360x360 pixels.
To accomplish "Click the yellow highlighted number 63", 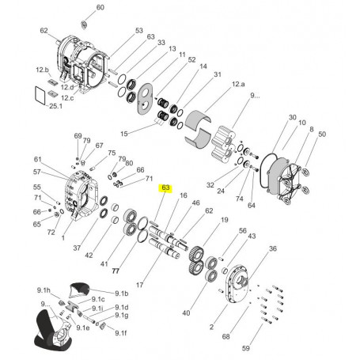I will [165, 188].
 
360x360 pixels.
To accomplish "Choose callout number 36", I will [272, 249].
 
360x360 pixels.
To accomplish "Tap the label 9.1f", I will [120, 333].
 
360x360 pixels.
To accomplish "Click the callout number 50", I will [321, 135].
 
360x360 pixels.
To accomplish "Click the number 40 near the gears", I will [186, 313].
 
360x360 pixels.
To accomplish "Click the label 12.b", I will [42, 70].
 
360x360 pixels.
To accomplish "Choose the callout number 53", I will [138, 31].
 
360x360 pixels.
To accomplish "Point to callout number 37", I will [77, 248].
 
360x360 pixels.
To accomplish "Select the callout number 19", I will [225, 220].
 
